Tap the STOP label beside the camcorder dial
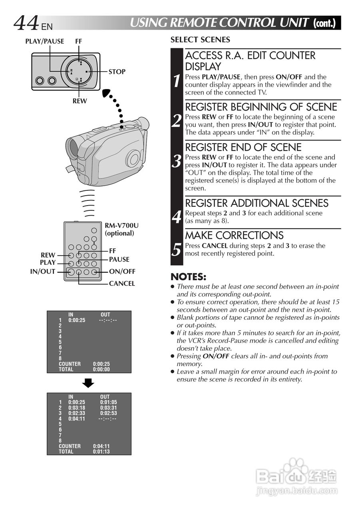(x=117, y=72)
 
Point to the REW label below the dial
(x=80, y=101)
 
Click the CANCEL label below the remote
(x=122, y=284)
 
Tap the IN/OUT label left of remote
(x=42, y=272)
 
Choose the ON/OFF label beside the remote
(x=122, y=272)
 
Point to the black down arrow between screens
(x=88, y=383)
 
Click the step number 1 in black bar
(x=177, y=81)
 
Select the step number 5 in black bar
(x=177, y=250)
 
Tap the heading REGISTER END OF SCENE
(x=243, y=147)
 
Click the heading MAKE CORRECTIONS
(x=234, y=235)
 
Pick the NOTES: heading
(x=188, y=277)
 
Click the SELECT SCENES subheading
(x=200, y=40)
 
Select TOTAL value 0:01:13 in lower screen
(x=101, y=452)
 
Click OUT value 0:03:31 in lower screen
(x=108, y=408)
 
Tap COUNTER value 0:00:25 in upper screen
(x=101, y=364)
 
